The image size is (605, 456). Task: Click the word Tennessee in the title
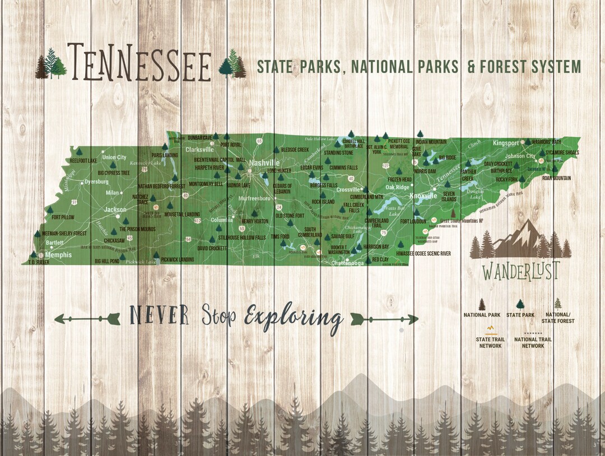pos(139,62)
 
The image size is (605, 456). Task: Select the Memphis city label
pos(58,255)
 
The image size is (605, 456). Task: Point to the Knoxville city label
pos(423,196)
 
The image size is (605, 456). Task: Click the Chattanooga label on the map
pos(348,263)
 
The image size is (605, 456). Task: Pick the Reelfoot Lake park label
pos(83,161)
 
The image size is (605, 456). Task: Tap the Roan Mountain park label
pos(556,178)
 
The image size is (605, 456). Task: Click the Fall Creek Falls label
pos(353,208)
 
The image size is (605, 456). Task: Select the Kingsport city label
pos(506,143)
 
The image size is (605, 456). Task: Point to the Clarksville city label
pos(200,150)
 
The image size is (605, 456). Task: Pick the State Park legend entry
pos(520,315)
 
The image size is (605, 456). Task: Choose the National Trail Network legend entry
pos(529,342)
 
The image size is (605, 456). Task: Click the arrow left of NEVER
pos(87,319)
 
